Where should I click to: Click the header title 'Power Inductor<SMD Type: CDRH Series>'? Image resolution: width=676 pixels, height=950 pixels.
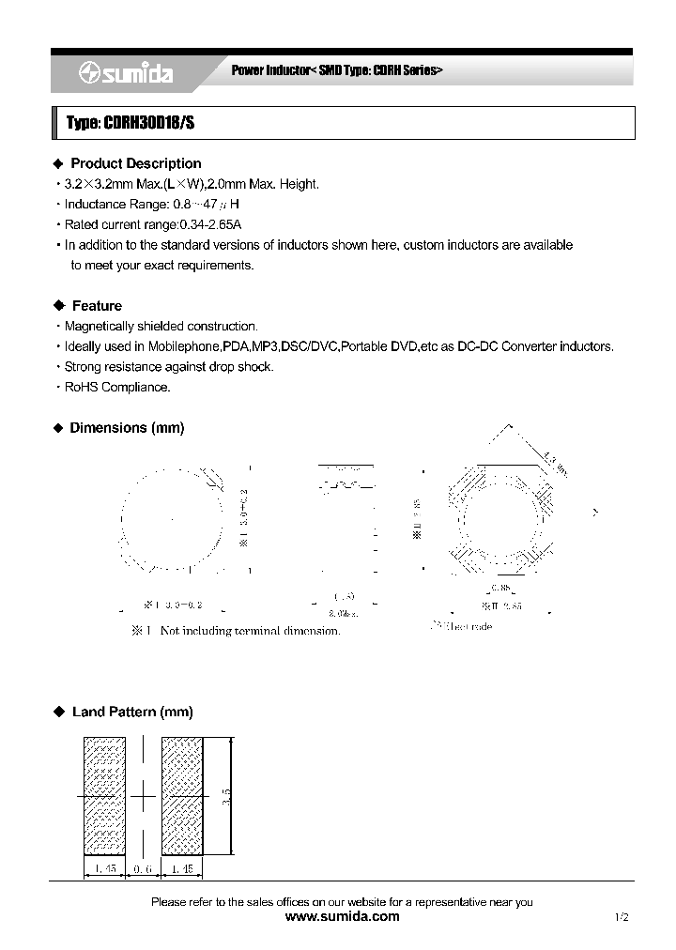(336, 71)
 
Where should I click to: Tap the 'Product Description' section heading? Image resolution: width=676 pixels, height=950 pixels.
(136, 163)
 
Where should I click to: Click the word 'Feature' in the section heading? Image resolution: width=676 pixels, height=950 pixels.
(97, 306)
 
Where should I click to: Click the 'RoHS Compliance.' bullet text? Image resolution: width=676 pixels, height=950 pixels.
(117, 388)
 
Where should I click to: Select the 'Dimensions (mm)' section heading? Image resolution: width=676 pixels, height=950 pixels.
(127, 428)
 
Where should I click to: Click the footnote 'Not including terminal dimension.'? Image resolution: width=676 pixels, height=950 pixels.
(250, 631)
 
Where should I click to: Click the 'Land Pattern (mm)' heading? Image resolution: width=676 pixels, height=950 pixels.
(132, 712)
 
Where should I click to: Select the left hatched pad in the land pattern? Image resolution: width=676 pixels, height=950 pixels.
(104, 796)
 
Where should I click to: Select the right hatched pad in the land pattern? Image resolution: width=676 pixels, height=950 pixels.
(182, 796)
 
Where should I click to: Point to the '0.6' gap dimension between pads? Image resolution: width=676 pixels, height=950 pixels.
(143, 869)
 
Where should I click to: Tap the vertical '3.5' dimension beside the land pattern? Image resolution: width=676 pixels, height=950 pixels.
(225, 796)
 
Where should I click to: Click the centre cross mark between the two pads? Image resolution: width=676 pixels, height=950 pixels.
(143, 796)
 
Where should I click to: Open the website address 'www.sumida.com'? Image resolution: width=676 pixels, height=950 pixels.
(341, 916)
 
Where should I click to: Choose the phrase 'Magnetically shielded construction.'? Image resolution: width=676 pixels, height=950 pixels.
(161, 327)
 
